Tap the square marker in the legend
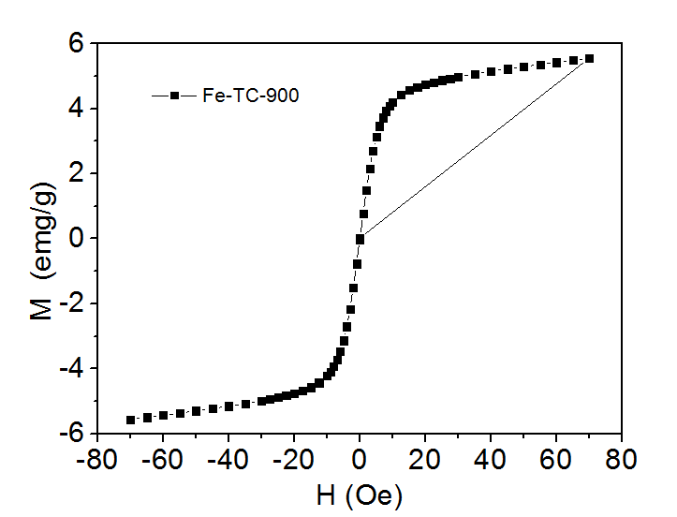[x=173, y=95]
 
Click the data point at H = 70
[x=589, y=58]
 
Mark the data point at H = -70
[x=131, y=420]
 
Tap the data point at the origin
[x=360, y=239]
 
